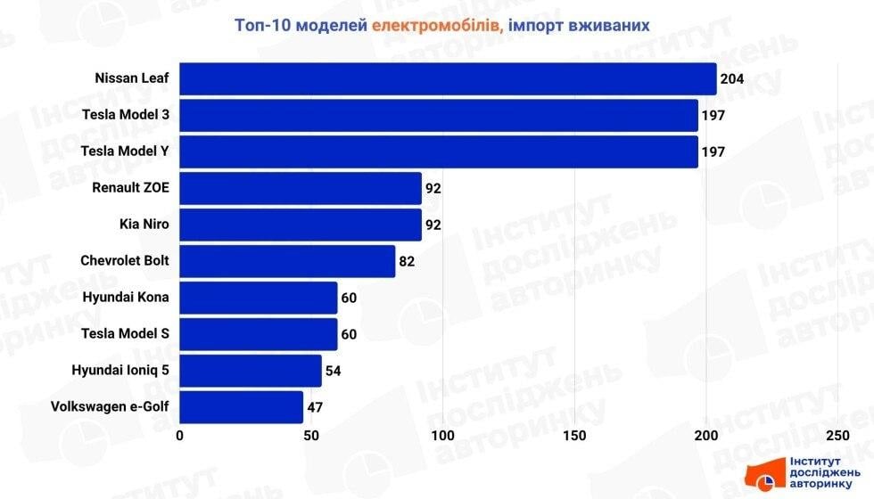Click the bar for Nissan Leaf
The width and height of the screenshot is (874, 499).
(448, 78)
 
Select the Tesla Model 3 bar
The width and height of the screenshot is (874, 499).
(439, 115)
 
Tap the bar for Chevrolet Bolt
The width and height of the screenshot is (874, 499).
(287, 261)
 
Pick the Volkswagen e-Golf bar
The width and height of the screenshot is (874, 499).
(242, 407)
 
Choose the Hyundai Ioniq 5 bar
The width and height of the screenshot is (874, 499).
(251, 371)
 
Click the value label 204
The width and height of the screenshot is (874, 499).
(732, 79)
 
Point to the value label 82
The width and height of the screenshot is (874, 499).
(408, 262)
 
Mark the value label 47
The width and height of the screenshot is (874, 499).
(315, 408)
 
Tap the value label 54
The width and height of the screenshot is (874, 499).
(333, 372)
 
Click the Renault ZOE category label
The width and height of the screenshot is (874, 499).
(130, 188)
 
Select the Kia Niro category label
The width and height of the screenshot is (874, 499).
(144, 225)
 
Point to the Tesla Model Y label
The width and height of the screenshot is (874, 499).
(125, 151)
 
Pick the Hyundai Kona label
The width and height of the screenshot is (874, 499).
(125, 298)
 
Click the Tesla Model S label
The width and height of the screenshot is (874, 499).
(125, 334)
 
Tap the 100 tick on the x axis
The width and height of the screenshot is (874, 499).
(443, 436)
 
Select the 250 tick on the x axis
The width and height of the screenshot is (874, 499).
(837, 436)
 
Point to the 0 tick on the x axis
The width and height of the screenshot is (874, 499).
(180, 436)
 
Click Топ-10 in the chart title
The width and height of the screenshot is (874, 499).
(265, 25)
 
